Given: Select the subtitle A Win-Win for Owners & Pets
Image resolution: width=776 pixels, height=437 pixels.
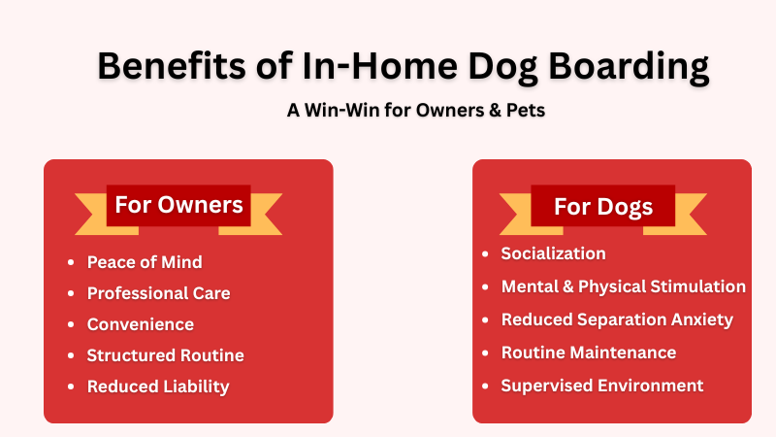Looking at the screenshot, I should coord(416,110).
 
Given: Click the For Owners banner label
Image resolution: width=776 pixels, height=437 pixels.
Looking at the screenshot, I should coord(178,205).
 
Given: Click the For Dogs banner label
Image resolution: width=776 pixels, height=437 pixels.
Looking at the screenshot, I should coord(603,207).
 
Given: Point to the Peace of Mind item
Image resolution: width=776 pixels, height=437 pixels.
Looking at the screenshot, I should coord(145,262).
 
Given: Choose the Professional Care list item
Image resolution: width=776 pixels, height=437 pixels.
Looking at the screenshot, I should coord(158,293).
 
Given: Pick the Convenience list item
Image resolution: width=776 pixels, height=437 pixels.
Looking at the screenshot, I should coord(141,324).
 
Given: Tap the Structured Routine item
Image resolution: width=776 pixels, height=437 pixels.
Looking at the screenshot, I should coord(165,355).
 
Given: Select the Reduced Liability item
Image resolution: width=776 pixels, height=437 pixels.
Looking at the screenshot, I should coord(158,387).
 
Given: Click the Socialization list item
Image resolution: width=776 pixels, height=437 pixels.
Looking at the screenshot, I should coord(553,253).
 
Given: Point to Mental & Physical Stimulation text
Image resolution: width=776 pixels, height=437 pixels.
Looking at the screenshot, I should coord(623,286).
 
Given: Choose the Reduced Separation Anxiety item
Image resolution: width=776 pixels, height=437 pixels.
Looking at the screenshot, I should coord(617,319).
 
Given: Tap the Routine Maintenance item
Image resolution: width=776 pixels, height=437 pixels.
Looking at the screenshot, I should coord(588,353).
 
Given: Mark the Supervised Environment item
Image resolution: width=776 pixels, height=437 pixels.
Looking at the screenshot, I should coord(601,386).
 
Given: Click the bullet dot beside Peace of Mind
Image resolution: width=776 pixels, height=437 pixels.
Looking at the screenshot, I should coord(71,263).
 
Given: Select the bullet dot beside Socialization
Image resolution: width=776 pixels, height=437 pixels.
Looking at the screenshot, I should coord(485,254).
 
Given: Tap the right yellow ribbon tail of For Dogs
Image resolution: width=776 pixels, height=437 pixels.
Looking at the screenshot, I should coord(695,214).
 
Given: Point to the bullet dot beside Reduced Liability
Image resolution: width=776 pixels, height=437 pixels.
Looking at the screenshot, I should coord(71,387).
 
